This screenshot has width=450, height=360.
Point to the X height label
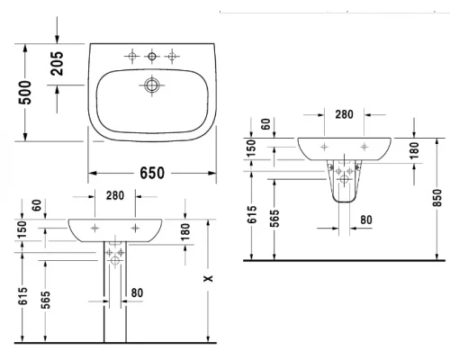[x=209, y=281]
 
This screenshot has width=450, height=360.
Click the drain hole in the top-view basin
[x=150, y=87]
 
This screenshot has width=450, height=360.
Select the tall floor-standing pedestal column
[x=114, y=297]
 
